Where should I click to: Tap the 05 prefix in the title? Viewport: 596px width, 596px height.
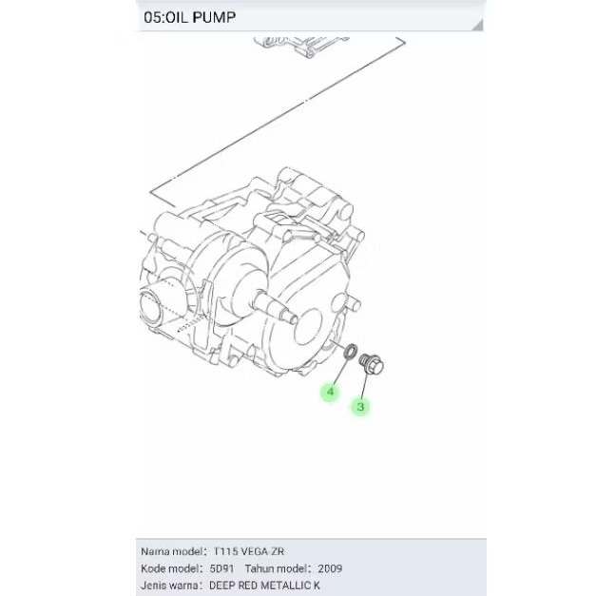(152, 17)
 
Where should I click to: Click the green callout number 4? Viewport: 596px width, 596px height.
(331, 391)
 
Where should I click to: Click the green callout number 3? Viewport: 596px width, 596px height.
(360, 406)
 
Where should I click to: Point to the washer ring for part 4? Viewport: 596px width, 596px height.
(350, 354)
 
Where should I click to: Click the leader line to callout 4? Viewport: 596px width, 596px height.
(339, 373)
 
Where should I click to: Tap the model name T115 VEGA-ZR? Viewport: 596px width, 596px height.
(248, 551)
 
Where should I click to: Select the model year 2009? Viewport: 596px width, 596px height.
(330, 568)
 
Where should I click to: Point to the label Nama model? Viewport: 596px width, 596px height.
(171, 551)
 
